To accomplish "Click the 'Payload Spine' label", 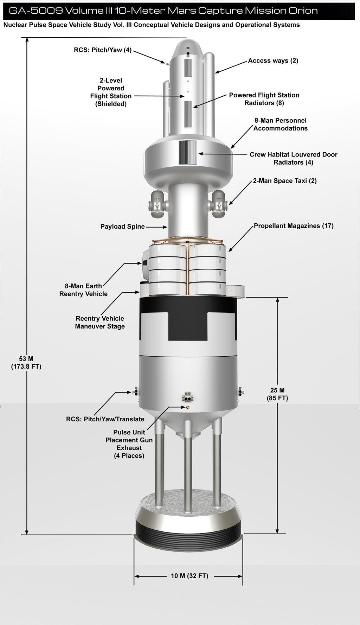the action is pyautogui.click(x=123, y=227).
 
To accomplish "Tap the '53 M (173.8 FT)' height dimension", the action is pyautogui.click(x=26, y=363).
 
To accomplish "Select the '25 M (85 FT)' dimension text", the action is pyautogui.click(x=277, y=394).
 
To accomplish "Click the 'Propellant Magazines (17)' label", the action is pyautogui.click(x=294, y=226).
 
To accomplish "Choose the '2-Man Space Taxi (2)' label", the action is pyautogui.click(x=285, y=181).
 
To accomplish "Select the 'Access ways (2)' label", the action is pyautogui.click(x=273, y=60).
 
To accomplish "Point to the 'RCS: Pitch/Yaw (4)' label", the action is pyautogui.click(x=103, y=50).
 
